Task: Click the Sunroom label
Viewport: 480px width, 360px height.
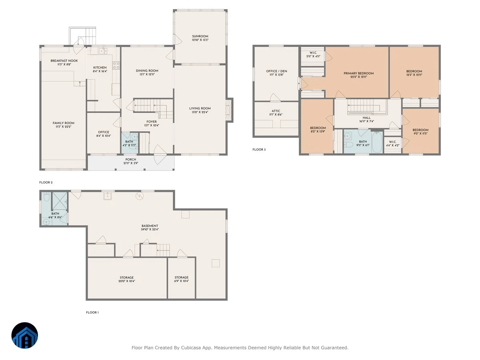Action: [x=200, y=36]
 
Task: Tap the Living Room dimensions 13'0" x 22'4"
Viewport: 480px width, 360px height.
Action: [x=200, y=112]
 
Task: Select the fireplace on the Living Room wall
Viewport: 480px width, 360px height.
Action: [x=229, y=110]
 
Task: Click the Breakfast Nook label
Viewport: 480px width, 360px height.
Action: [x=64, y=61]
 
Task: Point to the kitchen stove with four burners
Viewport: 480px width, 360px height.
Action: [x=116, y=65]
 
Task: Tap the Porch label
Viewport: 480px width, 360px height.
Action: [x=131, y=160]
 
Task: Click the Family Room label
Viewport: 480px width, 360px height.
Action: [x=64, y=123]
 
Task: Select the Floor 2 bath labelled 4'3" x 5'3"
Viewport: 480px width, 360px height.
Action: [x=130, y=143]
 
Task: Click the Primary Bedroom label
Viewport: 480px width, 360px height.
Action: [x=359, y=74]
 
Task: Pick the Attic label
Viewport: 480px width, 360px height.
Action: [x=276, y=111]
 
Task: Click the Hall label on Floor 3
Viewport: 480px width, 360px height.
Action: [x=366, y=118]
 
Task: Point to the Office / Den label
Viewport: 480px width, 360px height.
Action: [x=277, y=71]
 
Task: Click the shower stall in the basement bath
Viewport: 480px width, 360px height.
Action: [x=60, y=201]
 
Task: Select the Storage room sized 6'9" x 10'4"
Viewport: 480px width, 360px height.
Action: [x=182, y=278]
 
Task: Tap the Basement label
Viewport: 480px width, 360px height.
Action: [x=150, y=226]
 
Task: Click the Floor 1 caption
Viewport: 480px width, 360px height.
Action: [x=92, y=312]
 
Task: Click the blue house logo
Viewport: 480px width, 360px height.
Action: [x=25, y=336]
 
